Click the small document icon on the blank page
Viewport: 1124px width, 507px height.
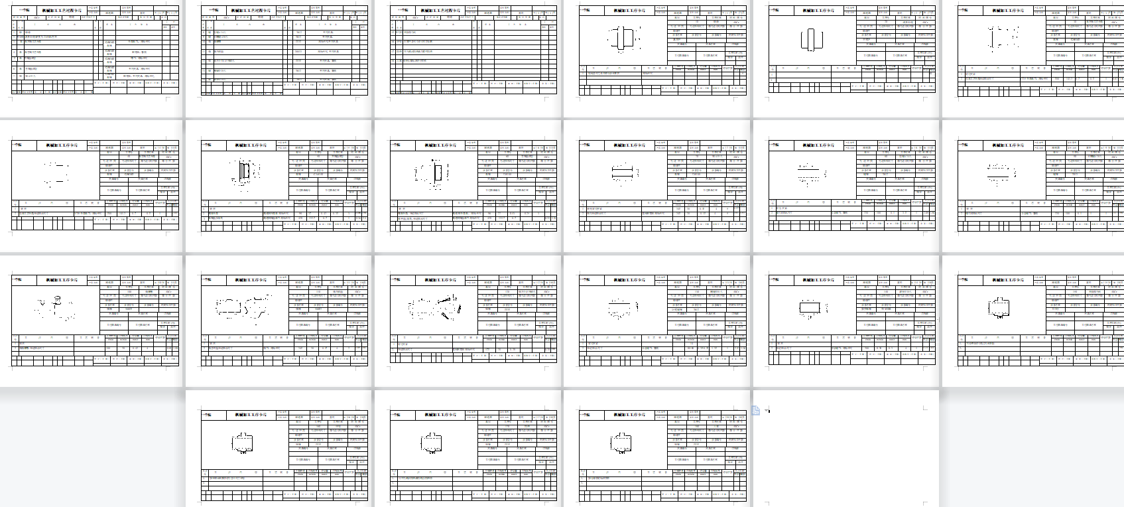[x=755, y=411]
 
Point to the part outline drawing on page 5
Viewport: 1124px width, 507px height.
[x=811, y=39]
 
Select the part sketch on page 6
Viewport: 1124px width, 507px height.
[x=1001, y=38]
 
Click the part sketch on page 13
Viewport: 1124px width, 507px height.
[x=56, y=307]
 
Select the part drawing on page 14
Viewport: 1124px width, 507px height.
[x=242, y=307]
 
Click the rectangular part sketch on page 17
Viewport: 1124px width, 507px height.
[x=810, y=308]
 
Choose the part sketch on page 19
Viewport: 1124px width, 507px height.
[x=242, y=443]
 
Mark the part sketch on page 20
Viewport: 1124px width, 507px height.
[x=432, y=443]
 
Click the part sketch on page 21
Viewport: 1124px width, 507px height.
[x=621, y=443]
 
